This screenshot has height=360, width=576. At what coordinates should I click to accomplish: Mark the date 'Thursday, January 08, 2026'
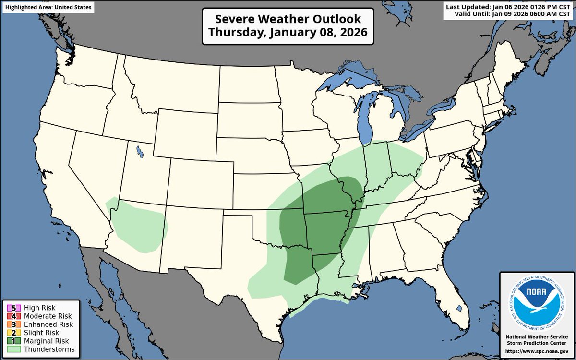288,33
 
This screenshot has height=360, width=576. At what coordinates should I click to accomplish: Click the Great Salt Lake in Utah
139,152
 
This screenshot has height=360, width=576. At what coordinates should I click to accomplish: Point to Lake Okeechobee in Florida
459,308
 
